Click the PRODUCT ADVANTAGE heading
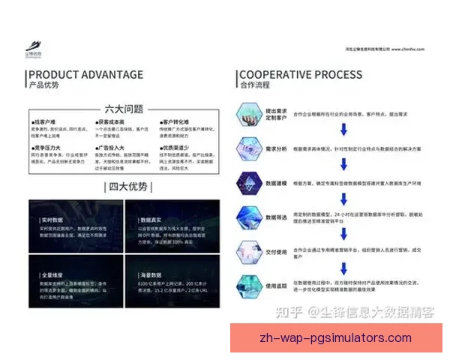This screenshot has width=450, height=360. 85,74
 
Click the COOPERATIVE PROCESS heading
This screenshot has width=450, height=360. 300,74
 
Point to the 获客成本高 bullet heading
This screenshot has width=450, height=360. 109,121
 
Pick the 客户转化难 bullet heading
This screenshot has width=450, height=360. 173,121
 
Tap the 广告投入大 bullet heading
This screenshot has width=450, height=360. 109,148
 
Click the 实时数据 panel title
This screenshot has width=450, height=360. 52,220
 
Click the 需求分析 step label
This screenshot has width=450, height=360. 276,148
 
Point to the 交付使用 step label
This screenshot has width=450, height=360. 276,251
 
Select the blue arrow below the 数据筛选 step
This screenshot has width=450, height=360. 343,232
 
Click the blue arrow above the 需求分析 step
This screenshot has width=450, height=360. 343,130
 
